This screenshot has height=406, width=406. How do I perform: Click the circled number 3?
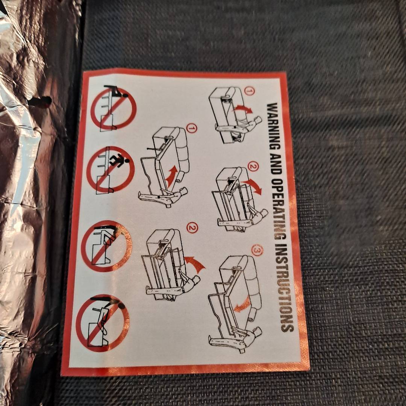point(257,250)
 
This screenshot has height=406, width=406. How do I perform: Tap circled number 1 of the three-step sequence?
point(249,91)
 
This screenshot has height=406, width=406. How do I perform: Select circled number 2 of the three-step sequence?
point(253,167)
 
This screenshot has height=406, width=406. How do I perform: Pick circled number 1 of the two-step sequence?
point(192,129)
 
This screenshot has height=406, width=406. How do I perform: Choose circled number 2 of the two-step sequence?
point(192,228)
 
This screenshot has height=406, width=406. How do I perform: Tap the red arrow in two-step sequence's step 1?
point(172,176)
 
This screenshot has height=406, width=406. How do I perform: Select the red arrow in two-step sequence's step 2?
point(195,263)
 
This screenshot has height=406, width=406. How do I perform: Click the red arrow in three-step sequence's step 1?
point(243,109)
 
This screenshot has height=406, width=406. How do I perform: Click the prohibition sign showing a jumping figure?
point(111,169)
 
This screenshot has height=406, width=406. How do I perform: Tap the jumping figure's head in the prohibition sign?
point(127,161)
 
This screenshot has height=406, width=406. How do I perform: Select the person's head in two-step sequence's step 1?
point(183,192)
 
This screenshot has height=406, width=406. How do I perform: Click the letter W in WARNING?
point(272,107)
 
